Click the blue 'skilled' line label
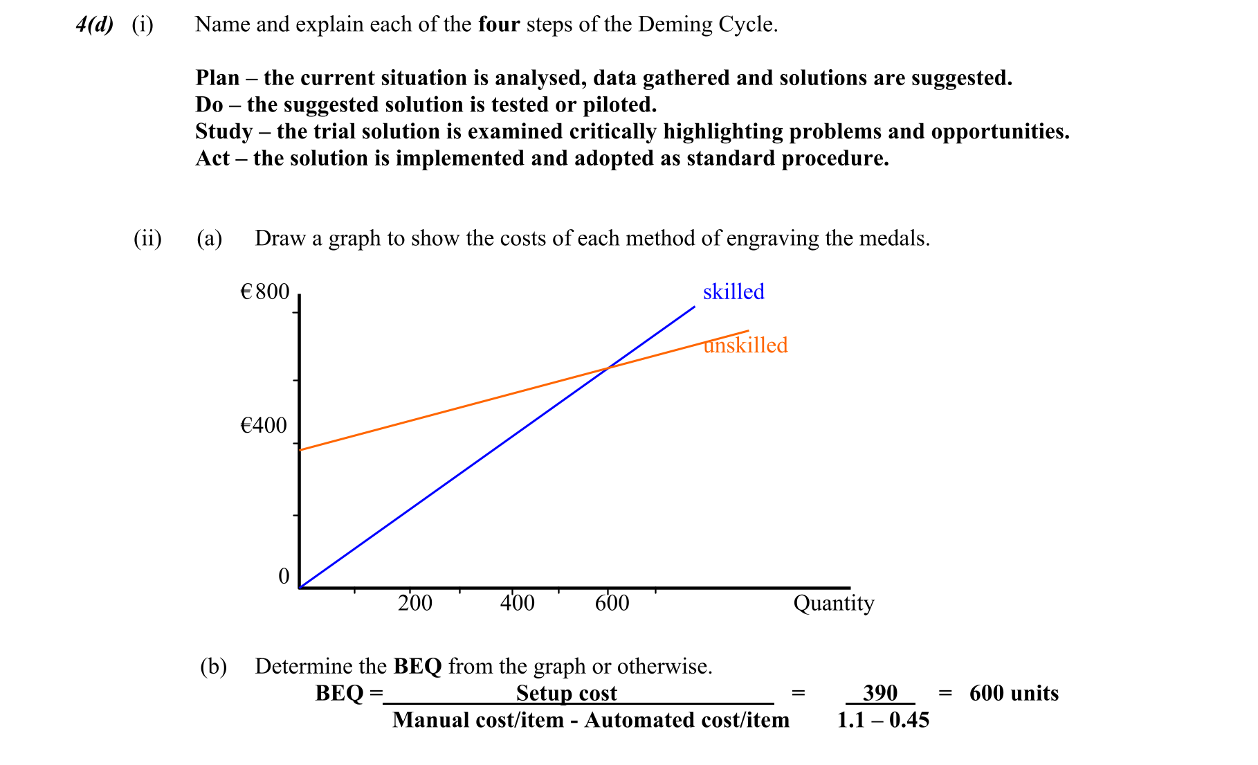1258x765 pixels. pyautogui.click(x=733, y=291)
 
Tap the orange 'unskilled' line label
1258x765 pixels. pyautogui.click(x=745, y=345)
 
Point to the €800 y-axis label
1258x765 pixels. pyautogui.click(x=264, y=291)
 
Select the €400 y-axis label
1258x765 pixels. pyautogui.click(x=263, y=425)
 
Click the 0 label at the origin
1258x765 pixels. pyautogui.click(x=284, y=576)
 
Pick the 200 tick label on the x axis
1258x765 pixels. pyautogui.click(x=415, y=603)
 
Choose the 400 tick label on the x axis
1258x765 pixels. pyautogui.click(x=518, y=603)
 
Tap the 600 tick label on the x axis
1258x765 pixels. pyautogui.click(x=612, y=603)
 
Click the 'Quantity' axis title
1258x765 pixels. pyautogui.click(x=834, y=603)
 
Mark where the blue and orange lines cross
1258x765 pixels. pyautogui.click(x=607, y=368)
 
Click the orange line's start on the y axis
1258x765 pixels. pyautogui.click(x=300, y=450)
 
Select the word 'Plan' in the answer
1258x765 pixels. pyautogui.click(x=217, y=78)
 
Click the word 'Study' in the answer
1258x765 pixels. pyautogui.click(x=224, y=132)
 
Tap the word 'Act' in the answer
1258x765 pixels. pyautogui.click(x=212, y=159)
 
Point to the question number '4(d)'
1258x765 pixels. pyautogui.click(x=95, y=25)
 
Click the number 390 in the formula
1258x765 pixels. pyautogui.click(x=880, y=693)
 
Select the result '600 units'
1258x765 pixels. pyautogui.click(x=1014, y=693)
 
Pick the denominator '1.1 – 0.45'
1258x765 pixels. pyautogui.click(x=883, y=720)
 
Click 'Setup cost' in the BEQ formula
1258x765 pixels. pyautogui.click(x=566, y=693)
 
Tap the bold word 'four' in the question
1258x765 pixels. pyautogui.click(x=499, y=25)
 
